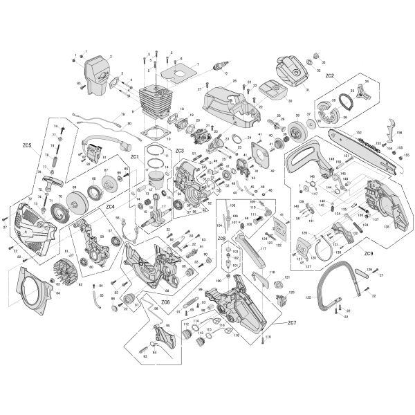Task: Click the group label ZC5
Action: point(26,145)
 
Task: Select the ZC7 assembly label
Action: point(291,323)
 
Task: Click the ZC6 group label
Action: point(165,302)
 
